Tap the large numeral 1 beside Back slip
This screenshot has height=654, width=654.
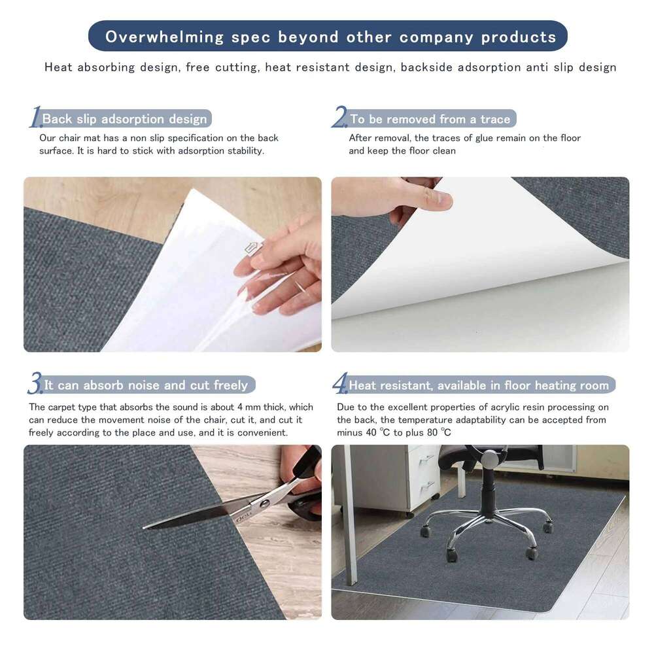coord(35,118)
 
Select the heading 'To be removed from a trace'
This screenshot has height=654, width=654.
coord(430,119)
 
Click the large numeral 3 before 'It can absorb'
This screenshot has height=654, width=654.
coord(35,384)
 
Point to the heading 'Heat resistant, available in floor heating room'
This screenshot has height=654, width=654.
coord(478,385)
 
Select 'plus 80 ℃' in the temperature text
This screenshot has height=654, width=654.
coord(428,433)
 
